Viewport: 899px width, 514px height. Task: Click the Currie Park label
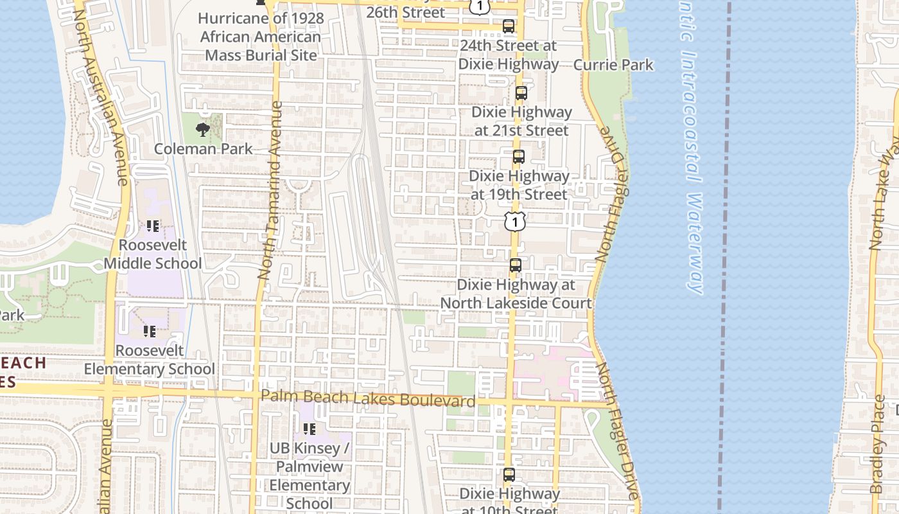tap(613, 65)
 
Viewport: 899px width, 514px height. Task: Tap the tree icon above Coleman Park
tap(203, 129)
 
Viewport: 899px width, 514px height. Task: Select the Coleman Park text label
tap(203, 149)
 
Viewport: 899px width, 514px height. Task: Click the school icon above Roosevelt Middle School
tap(153, 226)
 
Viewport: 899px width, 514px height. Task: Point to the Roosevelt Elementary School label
tap(150, 360)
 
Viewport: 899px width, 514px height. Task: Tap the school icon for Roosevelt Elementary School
tap(150, 332)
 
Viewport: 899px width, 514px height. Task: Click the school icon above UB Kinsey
tap(310, 429)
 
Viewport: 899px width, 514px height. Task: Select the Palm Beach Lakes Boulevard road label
tap(368, 398)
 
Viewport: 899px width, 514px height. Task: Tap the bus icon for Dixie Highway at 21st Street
tap(521, 93)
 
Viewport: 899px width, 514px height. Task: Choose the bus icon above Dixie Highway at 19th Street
tap(519, 157)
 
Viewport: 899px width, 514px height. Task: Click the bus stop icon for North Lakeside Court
tap(516, 265)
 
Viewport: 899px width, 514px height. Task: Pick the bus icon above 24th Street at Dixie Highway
tap(509, 26)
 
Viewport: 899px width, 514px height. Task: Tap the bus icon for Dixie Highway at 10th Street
tap(509, 475)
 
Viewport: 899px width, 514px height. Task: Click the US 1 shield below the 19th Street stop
tap(514, 221)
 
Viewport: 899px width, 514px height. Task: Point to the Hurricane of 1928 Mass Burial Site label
tap(261, 37)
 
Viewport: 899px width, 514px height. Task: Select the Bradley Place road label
tap(878, 443)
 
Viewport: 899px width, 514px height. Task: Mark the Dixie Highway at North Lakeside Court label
tap(516, 294)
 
